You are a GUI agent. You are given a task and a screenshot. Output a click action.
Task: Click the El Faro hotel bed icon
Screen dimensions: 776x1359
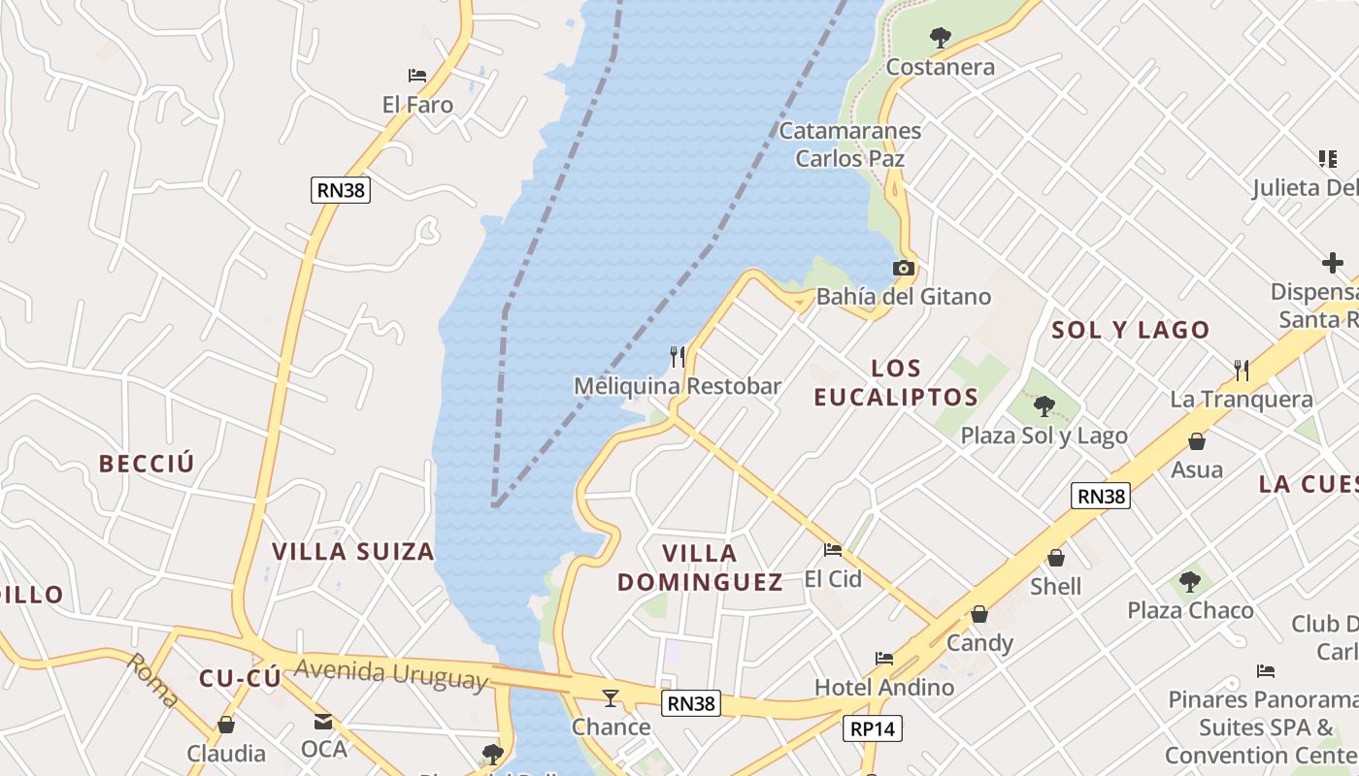click(417, 75)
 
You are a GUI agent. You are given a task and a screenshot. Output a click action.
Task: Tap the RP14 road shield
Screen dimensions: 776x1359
click(873, 728)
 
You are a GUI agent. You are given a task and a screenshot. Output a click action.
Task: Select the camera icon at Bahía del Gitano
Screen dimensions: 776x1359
click(904, 268)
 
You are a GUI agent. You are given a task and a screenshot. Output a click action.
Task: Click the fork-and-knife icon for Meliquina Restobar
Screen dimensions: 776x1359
click(678, 357)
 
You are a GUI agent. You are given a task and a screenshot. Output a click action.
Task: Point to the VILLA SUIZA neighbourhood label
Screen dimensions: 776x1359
click(352, 552)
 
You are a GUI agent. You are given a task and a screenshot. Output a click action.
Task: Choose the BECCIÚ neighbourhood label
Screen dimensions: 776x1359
click(147, 464)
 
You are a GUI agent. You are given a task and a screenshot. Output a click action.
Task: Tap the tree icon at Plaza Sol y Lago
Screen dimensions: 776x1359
click(1044, 405)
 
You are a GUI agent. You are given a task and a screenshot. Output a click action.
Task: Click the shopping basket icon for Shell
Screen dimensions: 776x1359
click(1056, 558)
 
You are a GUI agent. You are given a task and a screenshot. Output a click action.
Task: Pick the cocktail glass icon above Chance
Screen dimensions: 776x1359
click(611, 697)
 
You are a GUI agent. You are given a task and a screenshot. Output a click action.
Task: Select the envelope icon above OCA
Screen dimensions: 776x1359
click(323, 722)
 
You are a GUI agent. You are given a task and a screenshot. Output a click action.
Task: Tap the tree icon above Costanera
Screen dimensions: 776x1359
click(940, 38)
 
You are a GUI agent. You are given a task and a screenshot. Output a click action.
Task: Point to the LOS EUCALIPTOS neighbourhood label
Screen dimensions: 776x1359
click(896, 382)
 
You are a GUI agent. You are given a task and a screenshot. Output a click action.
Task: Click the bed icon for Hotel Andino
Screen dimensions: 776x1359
click(884, 658)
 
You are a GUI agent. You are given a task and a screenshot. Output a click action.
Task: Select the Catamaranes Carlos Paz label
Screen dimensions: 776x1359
click(850, 144)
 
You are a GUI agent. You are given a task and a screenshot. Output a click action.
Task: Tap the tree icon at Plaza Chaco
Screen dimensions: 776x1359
click(1190, 582)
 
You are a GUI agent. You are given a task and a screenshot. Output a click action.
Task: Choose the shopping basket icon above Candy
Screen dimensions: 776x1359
click(979, 614)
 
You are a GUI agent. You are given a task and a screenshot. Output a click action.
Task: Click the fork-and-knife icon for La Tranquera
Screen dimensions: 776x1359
click(1242, 370)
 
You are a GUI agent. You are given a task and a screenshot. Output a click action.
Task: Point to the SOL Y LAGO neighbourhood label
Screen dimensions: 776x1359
click(1131, 330)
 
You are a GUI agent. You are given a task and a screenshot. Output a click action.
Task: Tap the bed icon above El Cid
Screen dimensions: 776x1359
click(833, 550)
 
